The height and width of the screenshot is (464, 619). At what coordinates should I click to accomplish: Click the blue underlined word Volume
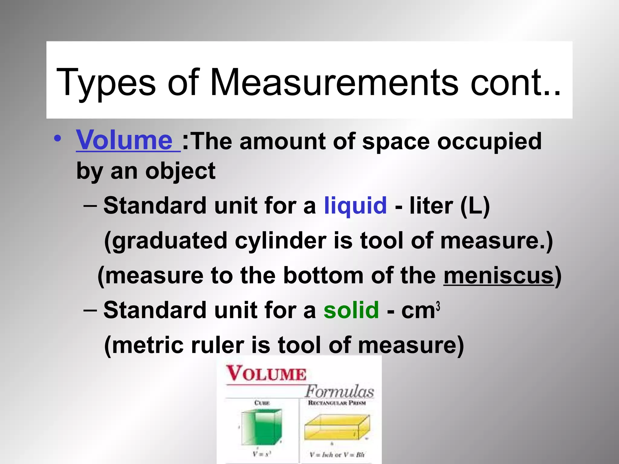125,140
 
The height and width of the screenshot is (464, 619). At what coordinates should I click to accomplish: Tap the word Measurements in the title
334,83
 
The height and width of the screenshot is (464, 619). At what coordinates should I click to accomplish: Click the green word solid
351,310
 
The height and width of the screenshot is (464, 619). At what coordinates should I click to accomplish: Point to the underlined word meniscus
498,275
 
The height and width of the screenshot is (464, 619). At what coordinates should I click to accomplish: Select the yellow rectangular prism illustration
336,427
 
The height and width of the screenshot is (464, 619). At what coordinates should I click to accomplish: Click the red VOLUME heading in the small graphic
266,373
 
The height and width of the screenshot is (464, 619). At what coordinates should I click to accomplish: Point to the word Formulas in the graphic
339,391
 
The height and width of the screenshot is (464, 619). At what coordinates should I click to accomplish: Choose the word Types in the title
106,83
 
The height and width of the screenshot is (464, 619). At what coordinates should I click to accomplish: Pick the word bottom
323,275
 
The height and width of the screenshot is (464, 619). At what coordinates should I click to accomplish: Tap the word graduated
166,241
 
